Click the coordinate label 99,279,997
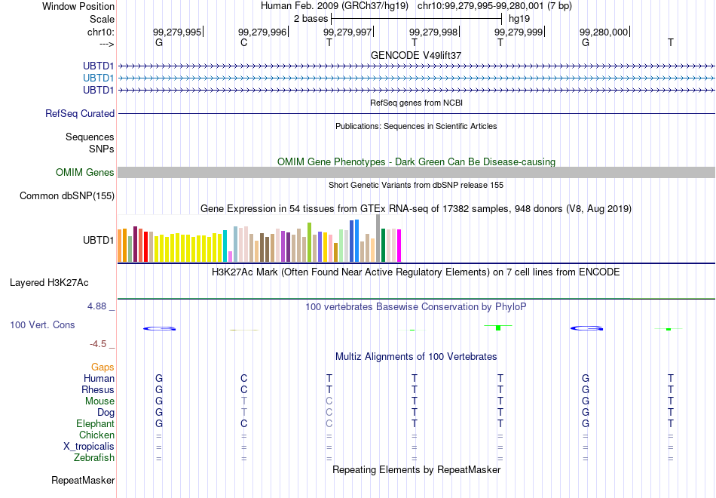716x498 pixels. [x=347, y=32]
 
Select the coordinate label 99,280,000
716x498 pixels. [x=604, y=32]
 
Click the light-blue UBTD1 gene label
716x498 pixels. [x=98, y=78]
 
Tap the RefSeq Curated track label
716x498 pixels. [x=80, y=113]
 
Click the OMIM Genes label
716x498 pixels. [x=85, y=172]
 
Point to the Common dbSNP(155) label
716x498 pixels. [x=67, y=195]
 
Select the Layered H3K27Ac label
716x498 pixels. [x=49, y=283]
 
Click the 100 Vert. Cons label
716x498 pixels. [x=42, y=324]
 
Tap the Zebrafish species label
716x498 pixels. [x=94, y=457]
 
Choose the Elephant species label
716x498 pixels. [x=96, y=423]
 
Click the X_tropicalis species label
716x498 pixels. [x=89, y=447]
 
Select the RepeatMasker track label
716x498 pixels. [x=83, y=480]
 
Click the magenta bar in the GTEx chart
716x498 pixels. [x=399, y=245]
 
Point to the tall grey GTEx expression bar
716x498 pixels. [x=378, y=238]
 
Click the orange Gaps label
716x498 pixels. [x=103, y=367]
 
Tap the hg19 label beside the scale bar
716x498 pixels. [x=519, y=19]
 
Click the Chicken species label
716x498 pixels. [x=96, y=435]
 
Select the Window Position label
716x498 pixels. [x=78, y=6]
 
